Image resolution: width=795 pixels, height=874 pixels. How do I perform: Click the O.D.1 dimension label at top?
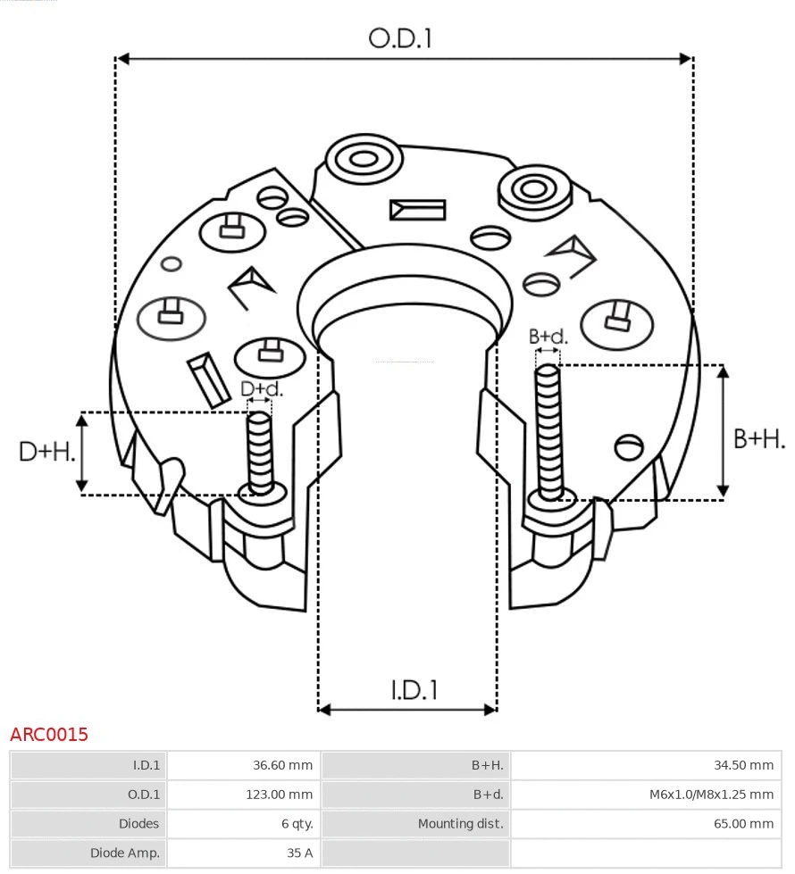click(x=400, y=38)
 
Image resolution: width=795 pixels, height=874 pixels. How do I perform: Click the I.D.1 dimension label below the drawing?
click(x=414, y=689)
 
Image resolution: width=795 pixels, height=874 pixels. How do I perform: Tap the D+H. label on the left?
click(x=47, y=452)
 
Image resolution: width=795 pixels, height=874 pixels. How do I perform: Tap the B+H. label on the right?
click(x=759, y=438)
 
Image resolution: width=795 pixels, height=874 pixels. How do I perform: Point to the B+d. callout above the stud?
click(x=548, y=337)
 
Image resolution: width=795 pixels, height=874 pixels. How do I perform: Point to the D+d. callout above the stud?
click(x=262, y=388)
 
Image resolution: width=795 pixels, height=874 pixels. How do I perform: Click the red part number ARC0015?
click(x=49, y=735)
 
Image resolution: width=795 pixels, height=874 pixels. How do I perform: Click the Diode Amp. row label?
click(x=125, y=853)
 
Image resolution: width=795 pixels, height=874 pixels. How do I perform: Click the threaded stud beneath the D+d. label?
click(x=260, y=451)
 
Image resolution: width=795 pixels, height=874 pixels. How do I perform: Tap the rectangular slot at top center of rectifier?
click(x=417, y=210)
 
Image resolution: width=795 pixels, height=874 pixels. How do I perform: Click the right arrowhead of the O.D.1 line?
click(x=686, y=59)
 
